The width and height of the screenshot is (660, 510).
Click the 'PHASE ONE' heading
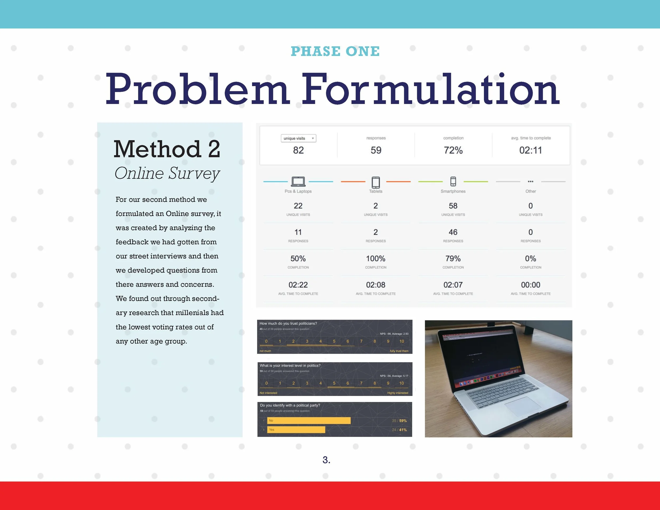(335, 51)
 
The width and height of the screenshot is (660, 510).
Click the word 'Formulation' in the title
(430, 90)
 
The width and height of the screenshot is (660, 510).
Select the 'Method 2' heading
(167, 149)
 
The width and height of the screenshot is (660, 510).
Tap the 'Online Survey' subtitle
(167, 173)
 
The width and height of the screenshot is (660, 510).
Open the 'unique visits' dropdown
(298, 138)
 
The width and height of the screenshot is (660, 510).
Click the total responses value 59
(376, 150)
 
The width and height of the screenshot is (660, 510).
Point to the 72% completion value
(453, 150)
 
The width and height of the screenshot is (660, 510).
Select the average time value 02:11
(531, 150)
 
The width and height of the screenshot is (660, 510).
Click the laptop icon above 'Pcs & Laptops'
(298, 182)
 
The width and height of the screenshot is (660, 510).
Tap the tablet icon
(376, 182)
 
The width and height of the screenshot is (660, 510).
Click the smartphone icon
(453, 181)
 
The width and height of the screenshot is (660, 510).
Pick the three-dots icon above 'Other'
(530, 182)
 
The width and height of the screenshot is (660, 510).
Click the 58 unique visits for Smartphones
(453, 206)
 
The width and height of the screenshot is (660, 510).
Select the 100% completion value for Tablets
(376, 259)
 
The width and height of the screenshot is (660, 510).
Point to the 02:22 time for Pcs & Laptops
(298, 285)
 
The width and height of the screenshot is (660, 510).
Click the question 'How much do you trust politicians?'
(288, 323)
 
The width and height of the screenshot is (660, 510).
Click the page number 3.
(326, 460)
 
